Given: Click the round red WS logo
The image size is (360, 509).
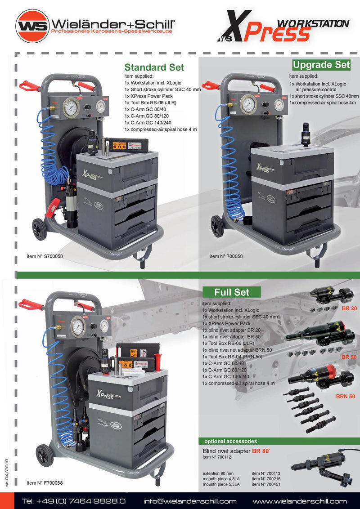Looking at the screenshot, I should [x=32, y=26].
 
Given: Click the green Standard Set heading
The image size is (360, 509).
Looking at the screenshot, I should [x=154, y=67].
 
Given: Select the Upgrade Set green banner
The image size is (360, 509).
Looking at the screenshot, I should [x=321, y=65].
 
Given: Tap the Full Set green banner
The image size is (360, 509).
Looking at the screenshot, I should [x=232, y=292].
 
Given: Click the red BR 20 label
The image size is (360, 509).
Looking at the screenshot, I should [x=349, y=308].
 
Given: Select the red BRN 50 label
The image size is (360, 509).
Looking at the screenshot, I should [x=346, y=396].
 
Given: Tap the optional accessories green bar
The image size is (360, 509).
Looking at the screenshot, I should [x=230, y=441].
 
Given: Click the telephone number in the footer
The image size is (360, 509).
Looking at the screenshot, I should [x=74, y=501].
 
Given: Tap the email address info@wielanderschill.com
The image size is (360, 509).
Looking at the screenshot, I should [x=190, y=501].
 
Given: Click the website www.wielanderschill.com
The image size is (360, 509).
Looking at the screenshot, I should [x=300, y=501].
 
